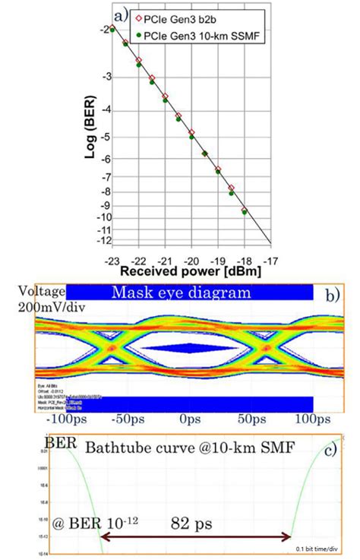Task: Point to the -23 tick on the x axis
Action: pos(112,258)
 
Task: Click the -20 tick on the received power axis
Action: pos(191,258)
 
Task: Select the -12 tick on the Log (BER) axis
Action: pos(99,242)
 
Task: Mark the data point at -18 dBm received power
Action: pos(244,210)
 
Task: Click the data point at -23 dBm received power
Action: pos(112,29)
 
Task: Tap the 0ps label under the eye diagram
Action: pos(189,419)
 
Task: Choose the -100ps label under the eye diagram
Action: pos(67,419)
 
